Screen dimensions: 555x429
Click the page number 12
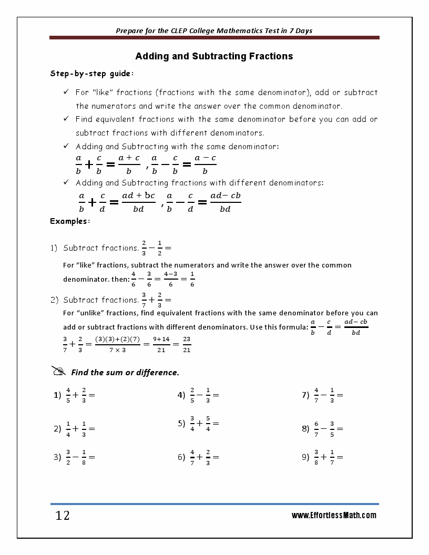(x=63, y=516)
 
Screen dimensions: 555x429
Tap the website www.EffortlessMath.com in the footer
(x=334, y=516)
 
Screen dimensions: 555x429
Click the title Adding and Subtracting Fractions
(x=214, y=56)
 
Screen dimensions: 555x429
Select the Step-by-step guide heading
(x=91, y=74)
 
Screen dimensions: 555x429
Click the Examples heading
(x=70, y=221)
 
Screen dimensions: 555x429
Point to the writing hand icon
(x=59, y=371)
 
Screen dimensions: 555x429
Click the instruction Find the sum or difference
(x=125, y=373)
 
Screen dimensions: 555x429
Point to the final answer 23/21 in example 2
(x=187, y=345)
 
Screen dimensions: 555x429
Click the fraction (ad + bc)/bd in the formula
(x=138, y=202)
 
